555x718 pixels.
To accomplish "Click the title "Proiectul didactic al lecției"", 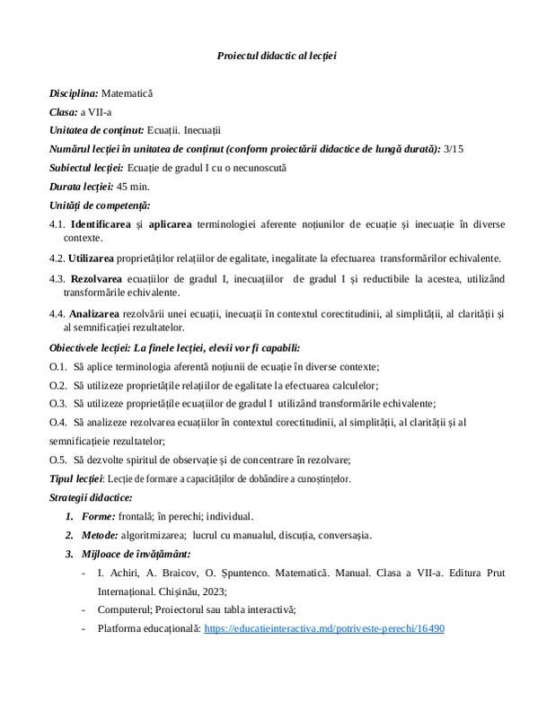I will click(277, 56).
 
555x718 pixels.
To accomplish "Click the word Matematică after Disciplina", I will click(128, 93).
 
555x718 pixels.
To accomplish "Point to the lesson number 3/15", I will click(454, 149).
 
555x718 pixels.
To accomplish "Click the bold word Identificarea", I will click(102, 224).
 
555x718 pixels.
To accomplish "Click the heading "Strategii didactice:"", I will click(91, 497).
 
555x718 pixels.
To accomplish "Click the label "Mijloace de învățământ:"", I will click(139, 554).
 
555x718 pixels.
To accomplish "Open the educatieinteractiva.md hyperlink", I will click(324, 629).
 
